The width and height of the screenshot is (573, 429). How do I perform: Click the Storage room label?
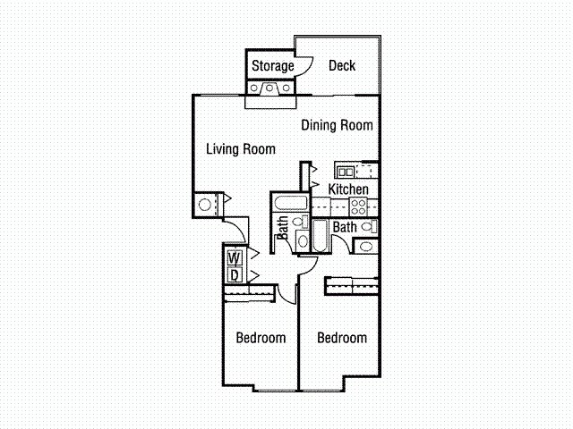tap(272, 66)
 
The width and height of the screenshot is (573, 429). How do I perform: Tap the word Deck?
tap(342, 65)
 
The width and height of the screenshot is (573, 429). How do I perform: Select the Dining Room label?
tap(337, 125)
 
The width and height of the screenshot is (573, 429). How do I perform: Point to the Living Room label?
tap(241, 149)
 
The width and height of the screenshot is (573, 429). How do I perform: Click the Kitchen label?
tap(348, 189)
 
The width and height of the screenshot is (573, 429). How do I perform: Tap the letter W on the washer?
tap(235, 258)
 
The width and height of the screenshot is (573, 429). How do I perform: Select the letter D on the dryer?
tap(235, 275)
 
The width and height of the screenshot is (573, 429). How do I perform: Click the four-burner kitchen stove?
tap(358, 206)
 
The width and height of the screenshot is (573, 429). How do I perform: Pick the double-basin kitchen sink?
tap(346, 172)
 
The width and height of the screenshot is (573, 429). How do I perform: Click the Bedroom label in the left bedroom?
tap(261, 338)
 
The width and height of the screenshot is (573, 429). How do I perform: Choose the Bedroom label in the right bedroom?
tap(342, 338)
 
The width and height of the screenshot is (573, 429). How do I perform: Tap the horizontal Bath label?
tap(345, 227)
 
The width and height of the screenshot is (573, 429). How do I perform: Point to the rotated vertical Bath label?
tap(283, 228)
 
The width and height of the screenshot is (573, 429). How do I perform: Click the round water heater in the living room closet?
tap(205, 205)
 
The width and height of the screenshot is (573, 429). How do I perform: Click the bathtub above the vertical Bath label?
tap(290, 203)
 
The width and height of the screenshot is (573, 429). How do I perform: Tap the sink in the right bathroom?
tap(366, 247)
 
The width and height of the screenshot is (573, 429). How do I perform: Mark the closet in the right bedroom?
tap(352, 286)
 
